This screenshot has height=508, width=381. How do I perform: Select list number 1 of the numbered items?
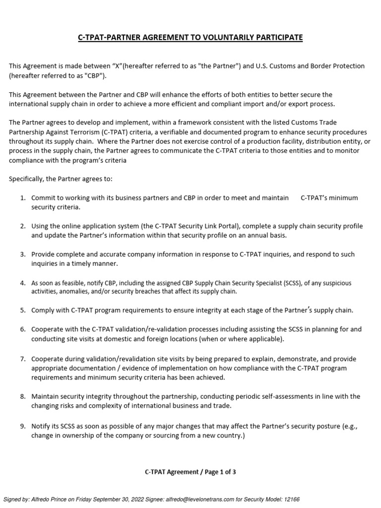click(23, 198)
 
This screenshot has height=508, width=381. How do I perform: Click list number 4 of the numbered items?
click(23, 283)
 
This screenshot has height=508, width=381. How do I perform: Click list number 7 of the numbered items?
click(23, 359)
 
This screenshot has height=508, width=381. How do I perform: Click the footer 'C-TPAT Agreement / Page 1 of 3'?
click(190, 472)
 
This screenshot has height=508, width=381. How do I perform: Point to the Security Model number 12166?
click(290, 499)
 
